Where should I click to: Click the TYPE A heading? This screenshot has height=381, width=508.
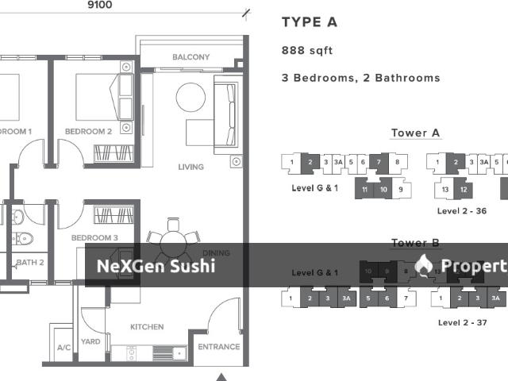(310, 22)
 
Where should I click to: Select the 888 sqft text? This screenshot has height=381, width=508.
(307, 51)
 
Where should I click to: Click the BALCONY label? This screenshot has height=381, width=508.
(191, 57)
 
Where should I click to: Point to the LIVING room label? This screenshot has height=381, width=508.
(191, 167)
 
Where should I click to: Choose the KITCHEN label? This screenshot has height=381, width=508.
(147, 327)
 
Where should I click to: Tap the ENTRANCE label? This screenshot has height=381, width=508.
(218, 347)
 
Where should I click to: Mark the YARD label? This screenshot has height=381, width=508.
(90, 341)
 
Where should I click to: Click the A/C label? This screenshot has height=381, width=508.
(63, 348)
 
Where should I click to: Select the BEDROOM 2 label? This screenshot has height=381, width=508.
(88, 132)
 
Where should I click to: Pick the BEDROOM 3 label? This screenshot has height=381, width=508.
(94, 238)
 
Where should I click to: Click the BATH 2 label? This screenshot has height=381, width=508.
(29, 262)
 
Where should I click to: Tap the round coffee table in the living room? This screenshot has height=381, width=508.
(190, 98)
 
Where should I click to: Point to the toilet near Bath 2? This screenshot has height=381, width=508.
(23, 236)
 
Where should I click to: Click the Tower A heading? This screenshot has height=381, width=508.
(415, 133)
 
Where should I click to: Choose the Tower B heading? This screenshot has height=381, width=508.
(415, 244)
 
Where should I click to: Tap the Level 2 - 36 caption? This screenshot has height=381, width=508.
(462, 211)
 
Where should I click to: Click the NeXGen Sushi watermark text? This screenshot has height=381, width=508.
(156, 266)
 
